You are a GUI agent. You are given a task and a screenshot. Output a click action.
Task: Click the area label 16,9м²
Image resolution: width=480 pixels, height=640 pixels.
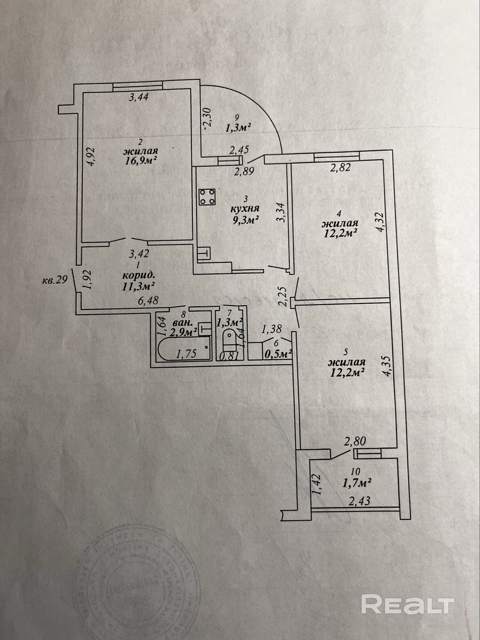[x=141, y=160]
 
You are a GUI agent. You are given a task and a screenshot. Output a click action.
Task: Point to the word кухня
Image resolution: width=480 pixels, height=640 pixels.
[x=245, y=209]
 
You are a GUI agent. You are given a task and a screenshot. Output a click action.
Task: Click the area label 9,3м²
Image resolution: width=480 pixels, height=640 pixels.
[x=245, y=220]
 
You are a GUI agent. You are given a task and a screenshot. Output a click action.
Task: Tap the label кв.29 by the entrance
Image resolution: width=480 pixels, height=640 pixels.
[x=55, y=280]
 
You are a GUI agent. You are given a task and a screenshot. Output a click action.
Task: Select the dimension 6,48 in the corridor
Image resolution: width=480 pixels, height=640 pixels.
[x=148, y=300]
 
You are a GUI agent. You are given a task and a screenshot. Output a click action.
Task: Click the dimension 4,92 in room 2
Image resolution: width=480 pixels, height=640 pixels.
[x=91, y=156]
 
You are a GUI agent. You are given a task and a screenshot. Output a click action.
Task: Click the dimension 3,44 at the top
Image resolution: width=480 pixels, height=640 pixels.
[x=139, y=97]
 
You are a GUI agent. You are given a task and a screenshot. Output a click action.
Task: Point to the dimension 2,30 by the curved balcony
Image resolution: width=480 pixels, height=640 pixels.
[x=207, y=118]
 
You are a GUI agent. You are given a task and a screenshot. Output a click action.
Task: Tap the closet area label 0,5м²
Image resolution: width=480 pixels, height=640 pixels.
[x=278, y=354]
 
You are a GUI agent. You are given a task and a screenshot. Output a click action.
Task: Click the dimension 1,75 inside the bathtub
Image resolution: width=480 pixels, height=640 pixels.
[x=187, y=353]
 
